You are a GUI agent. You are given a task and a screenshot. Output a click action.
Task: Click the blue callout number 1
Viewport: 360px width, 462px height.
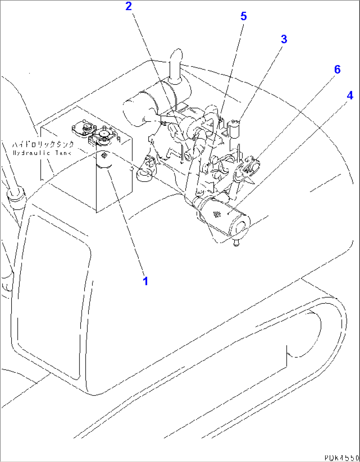tap(145, 281)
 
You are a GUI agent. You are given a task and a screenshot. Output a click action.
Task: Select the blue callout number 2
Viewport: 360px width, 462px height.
tap(129, 6)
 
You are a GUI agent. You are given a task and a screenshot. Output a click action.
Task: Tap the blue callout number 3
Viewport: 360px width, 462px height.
tap(284, 39)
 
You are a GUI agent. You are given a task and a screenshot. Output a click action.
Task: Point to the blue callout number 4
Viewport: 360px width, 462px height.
tap(350, 95)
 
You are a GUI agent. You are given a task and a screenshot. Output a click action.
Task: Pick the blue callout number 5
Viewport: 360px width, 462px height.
tap(244, 16)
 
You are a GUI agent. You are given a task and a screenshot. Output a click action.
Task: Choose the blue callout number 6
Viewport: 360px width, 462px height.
tap(337, 69)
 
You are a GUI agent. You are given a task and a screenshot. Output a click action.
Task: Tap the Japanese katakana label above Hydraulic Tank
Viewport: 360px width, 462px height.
tap(43, 145)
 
